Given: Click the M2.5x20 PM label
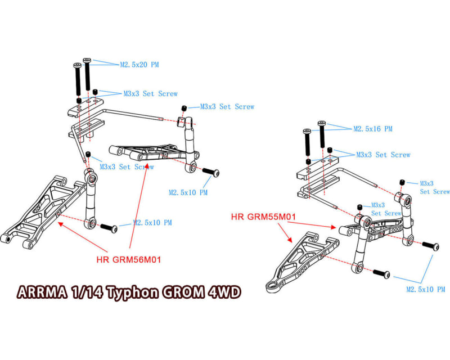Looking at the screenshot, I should click(139, 65).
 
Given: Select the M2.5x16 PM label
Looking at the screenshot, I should click(372, 129).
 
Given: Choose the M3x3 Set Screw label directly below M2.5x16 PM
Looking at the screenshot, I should click(382, 155).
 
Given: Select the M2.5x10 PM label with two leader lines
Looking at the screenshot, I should click(425, 290).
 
